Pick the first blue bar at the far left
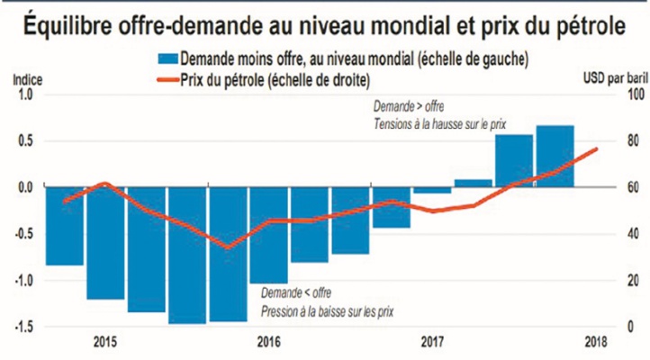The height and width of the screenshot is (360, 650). pos(64,226)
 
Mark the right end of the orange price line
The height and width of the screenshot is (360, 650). pos(594,148)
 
